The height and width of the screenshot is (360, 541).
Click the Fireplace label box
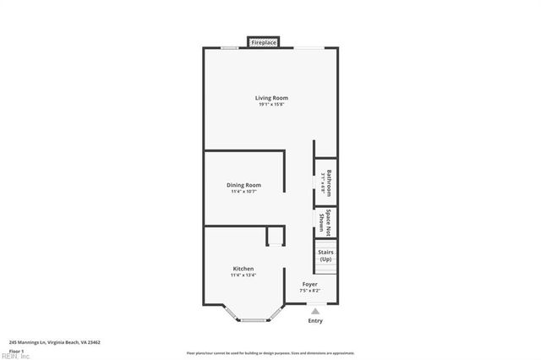(265, 41)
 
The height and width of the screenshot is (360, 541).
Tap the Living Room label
(272, 98)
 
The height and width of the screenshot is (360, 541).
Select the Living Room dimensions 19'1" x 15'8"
(272, 105)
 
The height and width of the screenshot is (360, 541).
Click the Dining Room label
(243, 185)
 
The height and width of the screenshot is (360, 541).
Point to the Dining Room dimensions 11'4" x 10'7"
(243, 192)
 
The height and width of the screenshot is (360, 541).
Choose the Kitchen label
(243, 269)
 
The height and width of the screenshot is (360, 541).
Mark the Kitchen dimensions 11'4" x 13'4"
(243, 275)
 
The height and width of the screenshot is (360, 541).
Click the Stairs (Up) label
(325, 255)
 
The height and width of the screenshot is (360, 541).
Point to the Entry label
(315, 321)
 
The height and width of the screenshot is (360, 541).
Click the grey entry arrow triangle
(315, 311)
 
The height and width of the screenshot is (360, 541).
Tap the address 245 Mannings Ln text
(55, 342)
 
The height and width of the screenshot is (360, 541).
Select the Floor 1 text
(16, 351)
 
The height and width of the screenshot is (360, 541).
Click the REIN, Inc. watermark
(15, 356)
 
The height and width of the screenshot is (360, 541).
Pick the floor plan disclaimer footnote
(270, 353)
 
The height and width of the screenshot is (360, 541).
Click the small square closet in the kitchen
(276, 236)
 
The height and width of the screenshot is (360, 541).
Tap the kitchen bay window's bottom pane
(254, 320)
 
